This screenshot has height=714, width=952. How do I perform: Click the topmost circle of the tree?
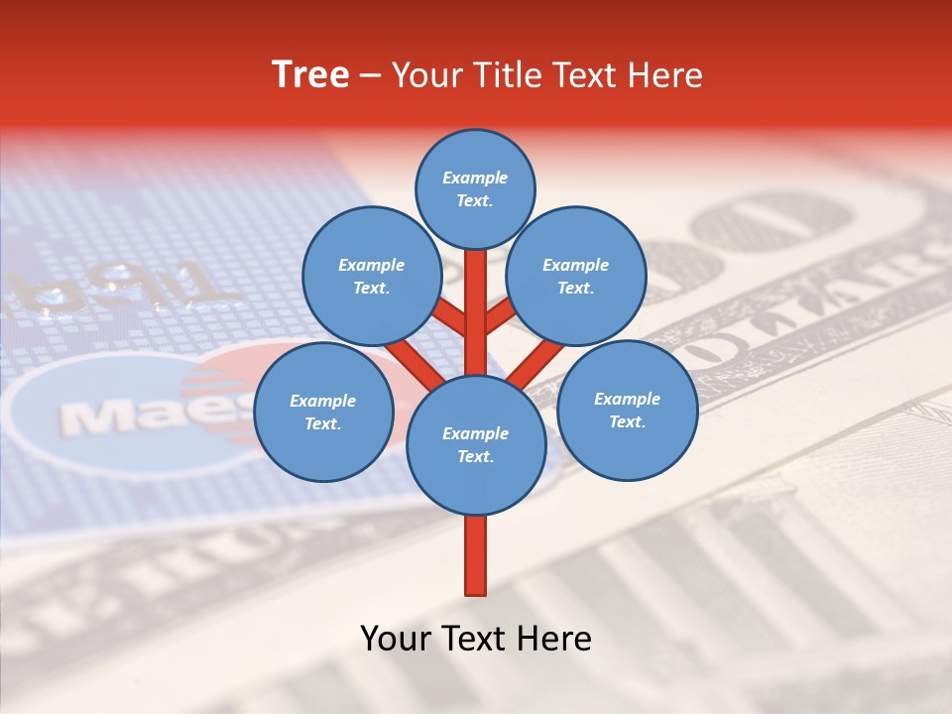pos(475,188)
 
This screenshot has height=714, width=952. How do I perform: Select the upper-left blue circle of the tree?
pos(371,276)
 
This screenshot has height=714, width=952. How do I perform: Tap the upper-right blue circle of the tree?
pos(575,276)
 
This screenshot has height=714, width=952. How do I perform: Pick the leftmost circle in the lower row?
pos(323,412)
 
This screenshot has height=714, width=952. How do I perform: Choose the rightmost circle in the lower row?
pos(627,410)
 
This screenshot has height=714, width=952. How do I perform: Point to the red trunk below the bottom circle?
pos(476,555)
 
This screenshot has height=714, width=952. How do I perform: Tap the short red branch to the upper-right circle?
pos(500,316)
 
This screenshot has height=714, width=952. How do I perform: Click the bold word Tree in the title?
pos(310,75)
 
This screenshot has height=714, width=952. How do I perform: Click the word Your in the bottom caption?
pos(395,639)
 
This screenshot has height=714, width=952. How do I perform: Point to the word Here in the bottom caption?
pos(555,639)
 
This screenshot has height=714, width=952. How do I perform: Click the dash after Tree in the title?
pos(371,76)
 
